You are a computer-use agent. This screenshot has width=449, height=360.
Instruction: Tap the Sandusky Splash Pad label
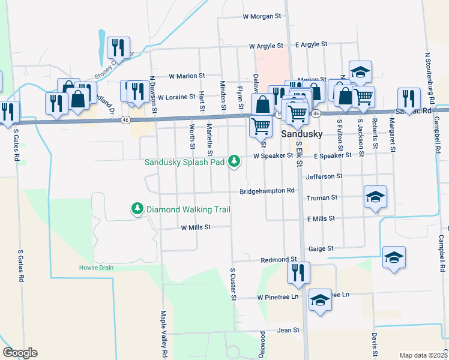pyautogui.click(x=185, y=162)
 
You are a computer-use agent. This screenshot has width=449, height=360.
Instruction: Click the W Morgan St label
pyautogui.click(x=262, y=16)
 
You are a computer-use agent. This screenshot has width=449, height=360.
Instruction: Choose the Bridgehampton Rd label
pyautogui.click(x=268, y=191)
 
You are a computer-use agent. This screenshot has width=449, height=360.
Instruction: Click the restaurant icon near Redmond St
pyautogui.click(x=298, y=273)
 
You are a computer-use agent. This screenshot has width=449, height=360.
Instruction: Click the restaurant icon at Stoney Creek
pyautogui.click(x=118, y=47)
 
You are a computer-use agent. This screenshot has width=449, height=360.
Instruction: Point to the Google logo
pyautogui.click(x=20, y=353)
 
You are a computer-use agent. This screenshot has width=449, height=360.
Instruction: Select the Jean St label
pyautogui.click(x=288, y=331)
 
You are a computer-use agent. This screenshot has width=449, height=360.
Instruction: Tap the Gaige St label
pyautogui.click(x=321, y=248)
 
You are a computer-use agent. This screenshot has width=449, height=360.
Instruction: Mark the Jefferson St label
pyautogui.click(x=324, y=176)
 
